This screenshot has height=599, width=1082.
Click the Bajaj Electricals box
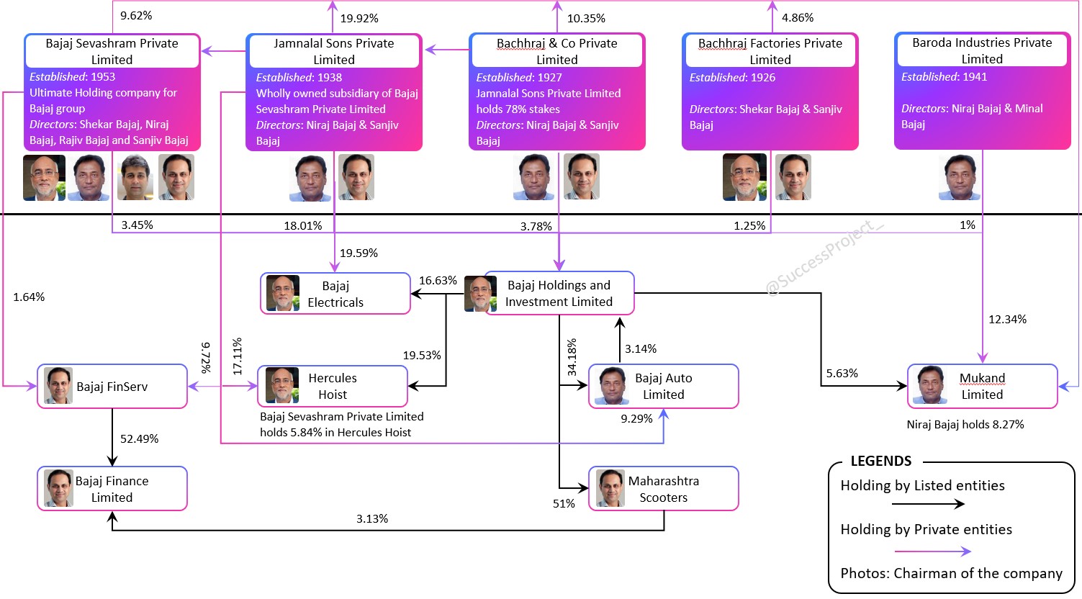[335, 293]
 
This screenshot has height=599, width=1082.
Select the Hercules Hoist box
[333, 386]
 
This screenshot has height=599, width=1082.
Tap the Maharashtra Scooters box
[663, 488]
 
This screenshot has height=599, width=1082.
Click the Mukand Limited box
[982, 386]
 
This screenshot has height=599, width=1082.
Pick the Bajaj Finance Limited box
[112, 488]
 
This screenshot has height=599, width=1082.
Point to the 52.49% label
[139, 438]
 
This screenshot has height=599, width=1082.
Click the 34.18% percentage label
[572, 358]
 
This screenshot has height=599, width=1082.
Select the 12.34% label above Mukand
[1007, 320]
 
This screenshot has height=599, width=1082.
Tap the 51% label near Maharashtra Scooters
[564, 503]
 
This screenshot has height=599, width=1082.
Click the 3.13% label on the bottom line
[372, 518]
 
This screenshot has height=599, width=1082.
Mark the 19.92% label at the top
[359, 18]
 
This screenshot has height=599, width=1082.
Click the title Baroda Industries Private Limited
[982, 50]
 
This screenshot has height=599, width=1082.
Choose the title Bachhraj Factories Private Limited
[770, 51]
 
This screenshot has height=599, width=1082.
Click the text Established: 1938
[299, 77]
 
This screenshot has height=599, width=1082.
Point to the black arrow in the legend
[928, 504]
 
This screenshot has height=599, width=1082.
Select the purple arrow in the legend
[933, 551]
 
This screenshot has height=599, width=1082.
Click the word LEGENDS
[881, 461]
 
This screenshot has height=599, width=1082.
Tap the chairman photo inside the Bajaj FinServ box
[58, 385]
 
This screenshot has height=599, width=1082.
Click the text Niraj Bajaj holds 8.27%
[965, 424]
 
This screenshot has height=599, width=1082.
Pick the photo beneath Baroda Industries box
[960, 177]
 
